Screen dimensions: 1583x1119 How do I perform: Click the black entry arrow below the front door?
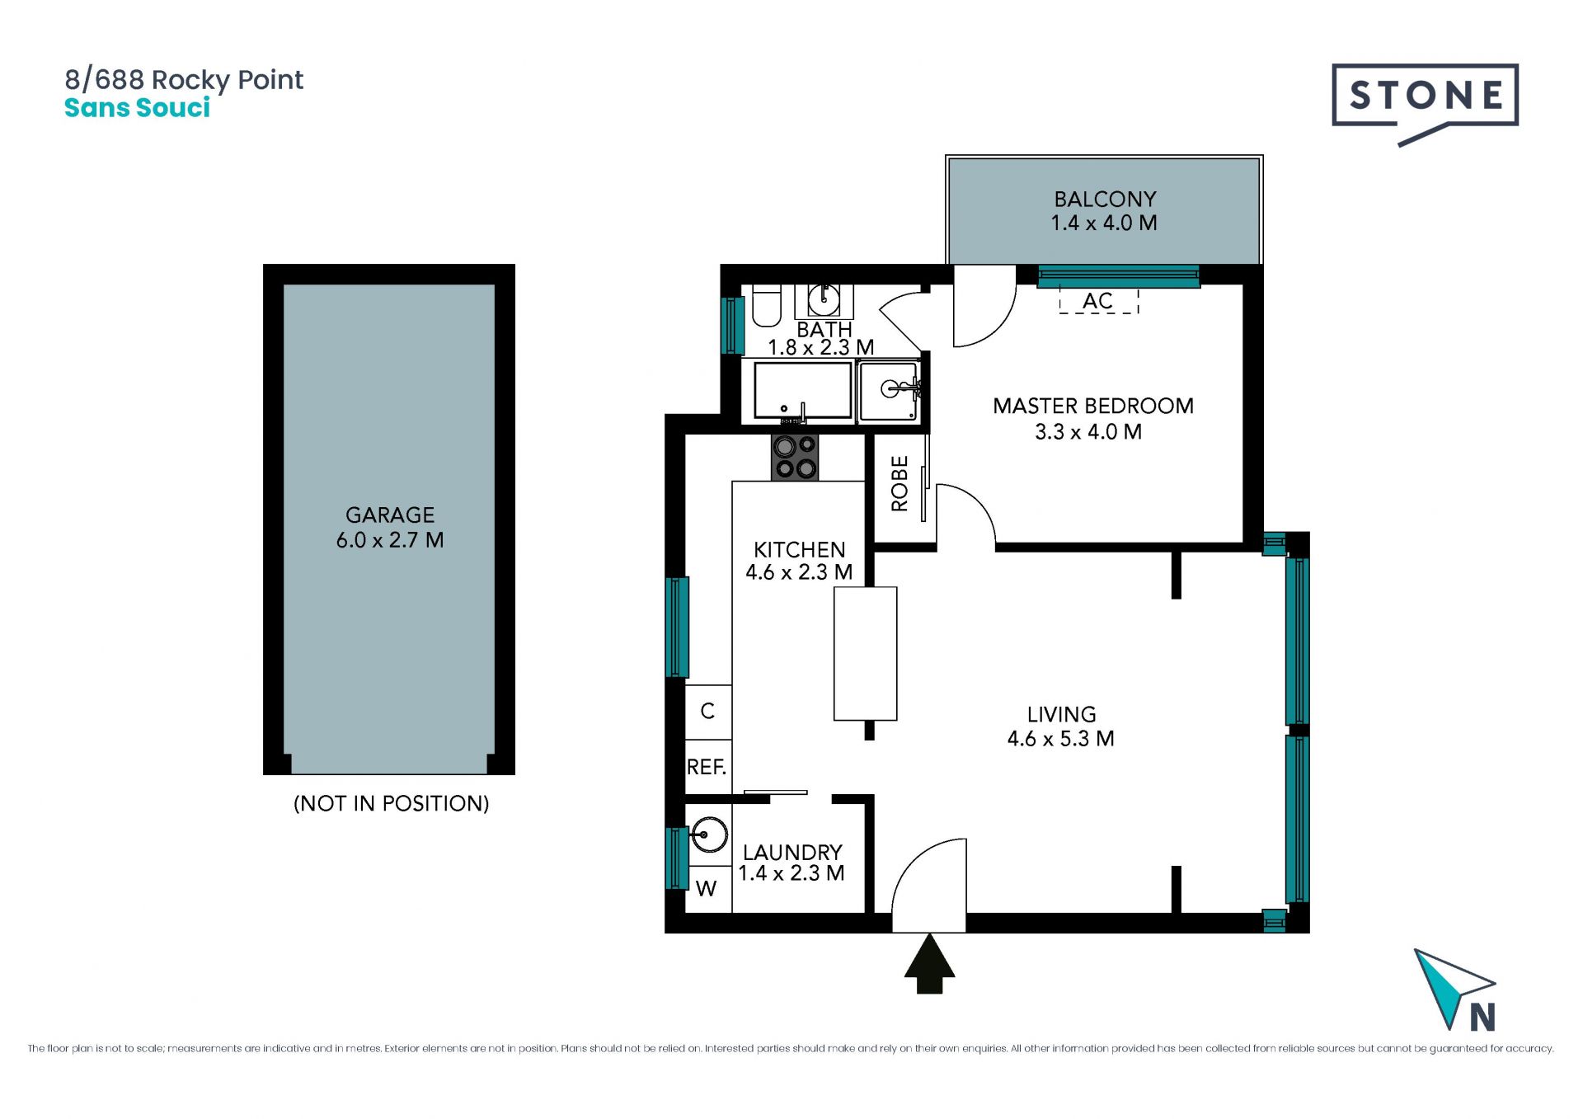click(929, 964)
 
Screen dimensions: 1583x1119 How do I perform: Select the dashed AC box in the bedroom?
click(1098, 301)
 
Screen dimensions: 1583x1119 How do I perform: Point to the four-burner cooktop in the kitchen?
click(795, 457)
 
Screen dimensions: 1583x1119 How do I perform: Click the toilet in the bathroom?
click(767, 306)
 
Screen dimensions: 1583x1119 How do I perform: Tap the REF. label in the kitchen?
click(707, 767)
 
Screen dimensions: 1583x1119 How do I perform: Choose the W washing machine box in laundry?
click(707, 888)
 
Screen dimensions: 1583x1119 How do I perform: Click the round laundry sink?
click(708, 835)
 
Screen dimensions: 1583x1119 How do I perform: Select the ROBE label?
click(900, 483)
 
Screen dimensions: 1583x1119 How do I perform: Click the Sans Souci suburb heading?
click(137, 108)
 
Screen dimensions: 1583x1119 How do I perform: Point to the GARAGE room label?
click(390, 515)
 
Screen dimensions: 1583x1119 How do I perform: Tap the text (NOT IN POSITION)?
click(392, 803)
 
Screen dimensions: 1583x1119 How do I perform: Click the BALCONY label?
click(1105, 199)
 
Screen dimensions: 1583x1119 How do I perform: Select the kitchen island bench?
click(865, 653)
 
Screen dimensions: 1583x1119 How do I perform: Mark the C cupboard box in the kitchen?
click(707, 712)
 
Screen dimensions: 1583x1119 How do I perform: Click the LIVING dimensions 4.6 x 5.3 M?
click(1061, 739)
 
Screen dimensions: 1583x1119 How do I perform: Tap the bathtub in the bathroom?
click(802, 390)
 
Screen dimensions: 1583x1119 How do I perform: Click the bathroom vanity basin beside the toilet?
click(824, 300)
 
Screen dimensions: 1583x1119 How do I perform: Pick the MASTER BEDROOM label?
click(1093, 406)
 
